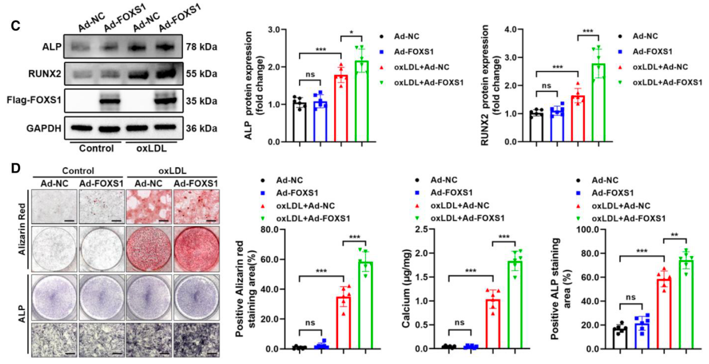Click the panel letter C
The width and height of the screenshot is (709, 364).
coord(16,26)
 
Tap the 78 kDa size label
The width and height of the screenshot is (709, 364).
coord(201,46)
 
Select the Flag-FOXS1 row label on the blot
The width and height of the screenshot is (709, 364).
coord(34,100)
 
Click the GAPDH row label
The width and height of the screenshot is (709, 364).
coord(43,129)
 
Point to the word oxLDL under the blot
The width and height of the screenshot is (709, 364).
coord(151,149)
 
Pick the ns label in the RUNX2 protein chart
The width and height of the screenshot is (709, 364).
coord(546,86)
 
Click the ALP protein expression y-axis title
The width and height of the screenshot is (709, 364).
coord(254,85)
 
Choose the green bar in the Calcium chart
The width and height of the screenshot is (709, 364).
coord(515,304)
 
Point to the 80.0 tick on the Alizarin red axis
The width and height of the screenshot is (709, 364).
coord(269,229)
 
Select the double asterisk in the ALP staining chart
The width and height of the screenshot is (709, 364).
coord(674,235)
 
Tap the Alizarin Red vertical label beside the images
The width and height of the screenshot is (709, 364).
coord(22,228)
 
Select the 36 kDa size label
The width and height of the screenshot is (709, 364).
coord(201,129)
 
